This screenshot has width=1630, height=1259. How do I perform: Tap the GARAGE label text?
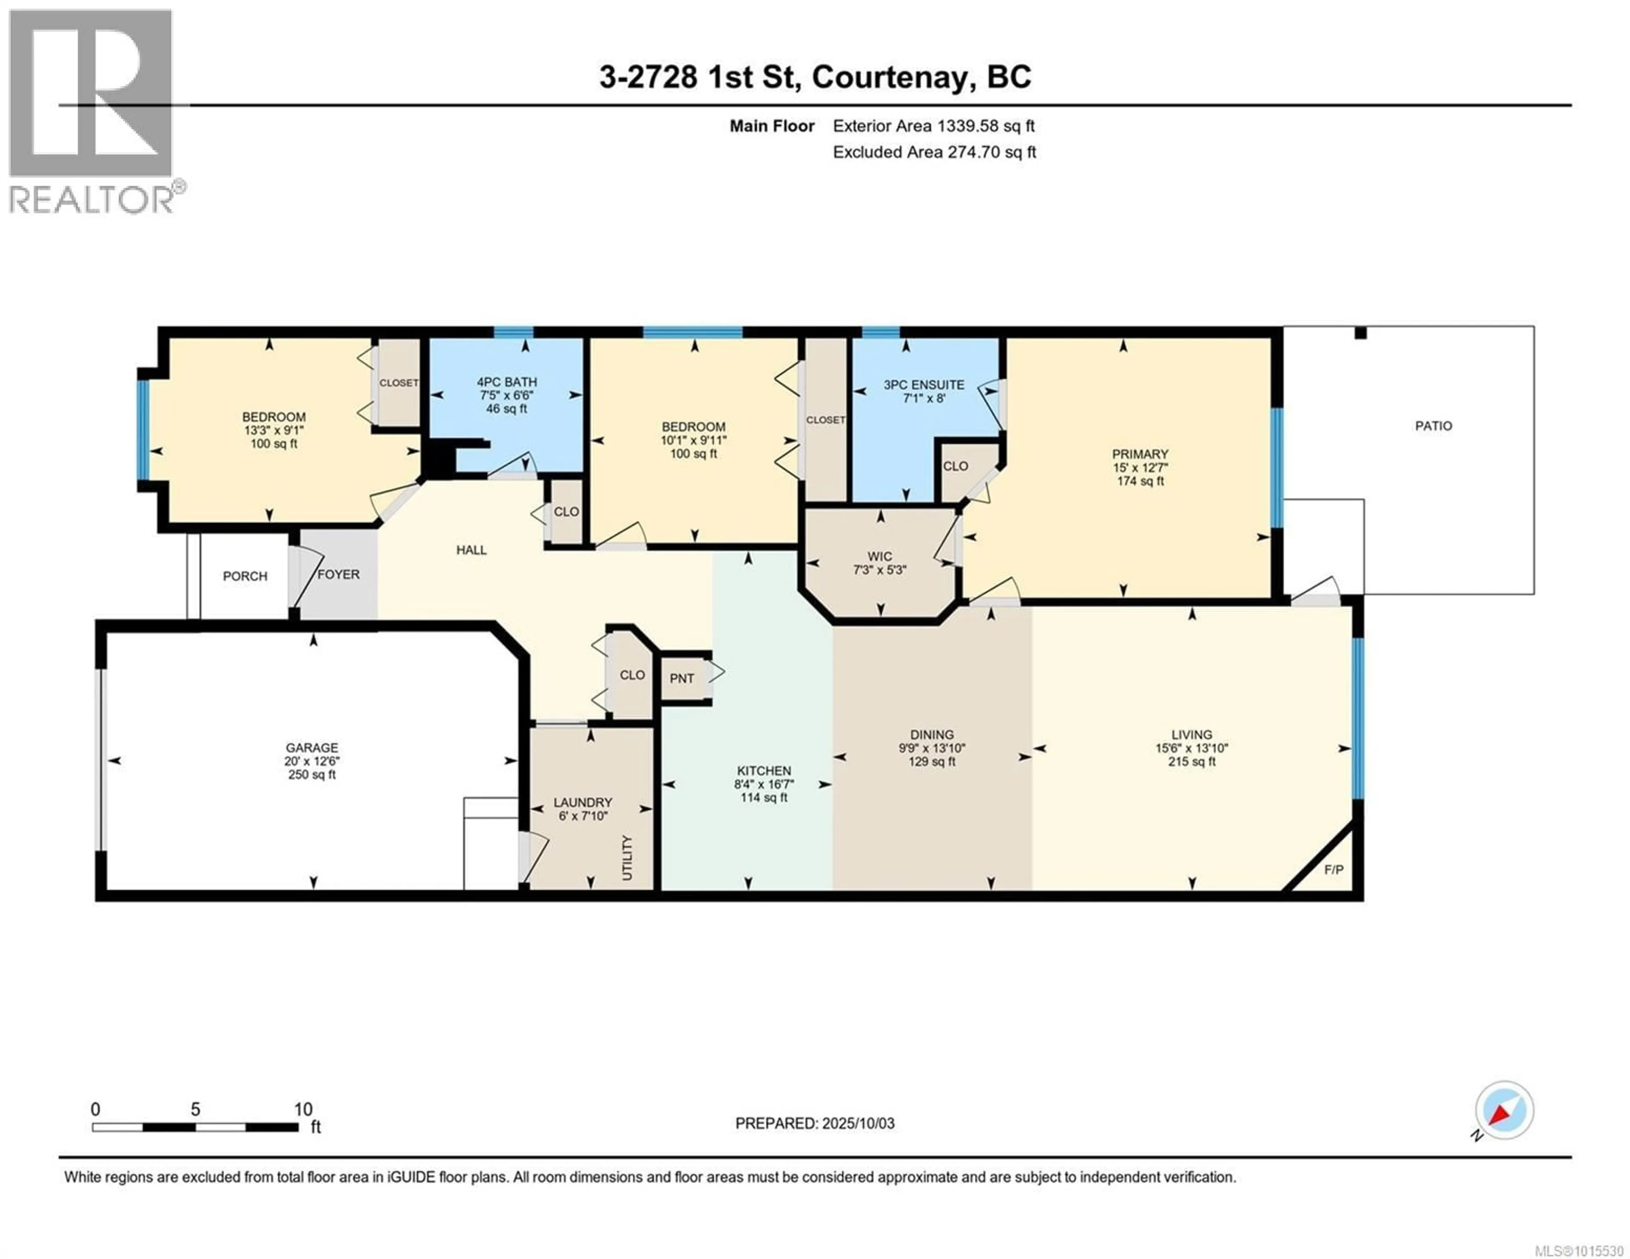[x=312, y=748]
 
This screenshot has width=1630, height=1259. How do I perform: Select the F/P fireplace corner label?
[x=1334, y=869]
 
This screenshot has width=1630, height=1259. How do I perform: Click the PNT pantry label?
[x=682, y=679]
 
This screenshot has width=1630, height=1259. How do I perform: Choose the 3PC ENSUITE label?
[x=924, y=385]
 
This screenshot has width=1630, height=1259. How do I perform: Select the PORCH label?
[x=245, y=576]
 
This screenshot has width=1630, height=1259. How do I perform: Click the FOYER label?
[x=339, y=575]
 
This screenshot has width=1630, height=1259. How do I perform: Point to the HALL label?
[x=472, y=550]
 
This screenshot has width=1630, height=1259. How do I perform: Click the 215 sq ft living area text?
[x=1192, y=762]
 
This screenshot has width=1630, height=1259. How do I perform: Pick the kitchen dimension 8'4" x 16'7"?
[x=764, y=784]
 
